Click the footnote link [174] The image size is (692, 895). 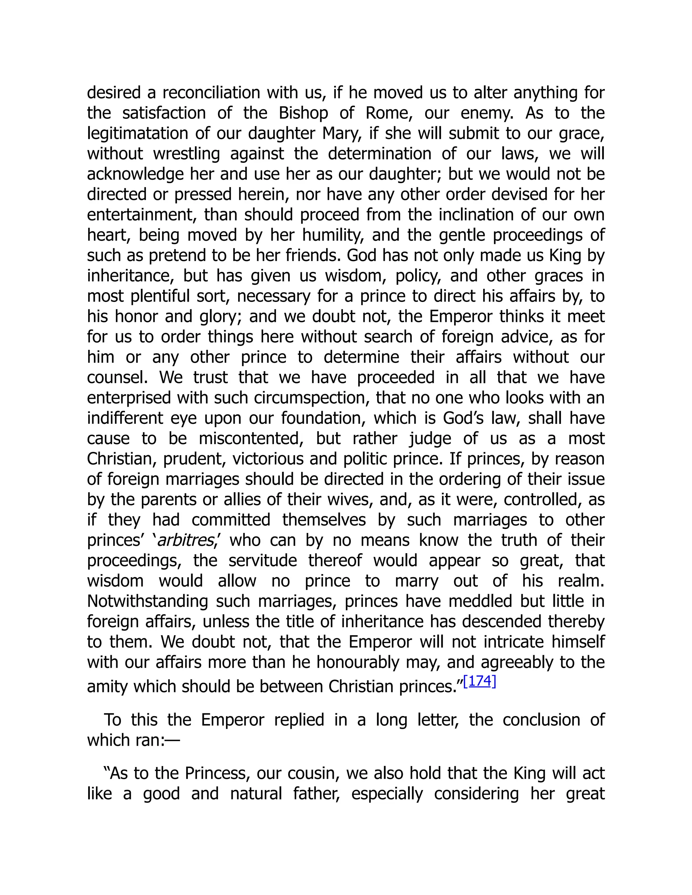(x=480, y=681)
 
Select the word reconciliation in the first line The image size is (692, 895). (x=211, y=93)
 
